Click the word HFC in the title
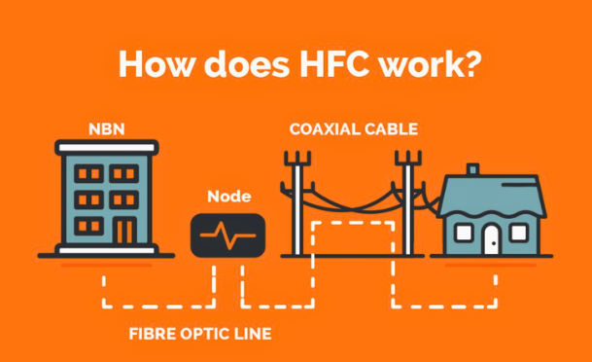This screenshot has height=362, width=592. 333,64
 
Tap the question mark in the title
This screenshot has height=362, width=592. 471,64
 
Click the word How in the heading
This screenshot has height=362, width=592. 158,64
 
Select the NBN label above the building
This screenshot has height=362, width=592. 107,129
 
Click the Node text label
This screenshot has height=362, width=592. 229,197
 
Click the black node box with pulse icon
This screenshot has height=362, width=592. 227,235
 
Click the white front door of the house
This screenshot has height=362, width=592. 492,239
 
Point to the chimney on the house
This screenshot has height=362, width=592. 472,169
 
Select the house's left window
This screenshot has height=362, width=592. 463,233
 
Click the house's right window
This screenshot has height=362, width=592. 518,233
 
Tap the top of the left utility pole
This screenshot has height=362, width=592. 297,153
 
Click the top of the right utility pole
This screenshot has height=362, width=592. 407,153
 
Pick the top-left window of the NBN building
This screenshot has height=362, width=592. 88,173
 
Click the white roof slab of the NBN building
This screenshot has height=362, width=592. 107,147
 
